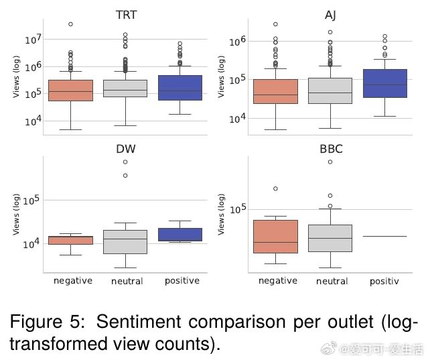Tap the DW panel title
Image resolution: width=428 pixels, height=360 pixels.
click(125, 149)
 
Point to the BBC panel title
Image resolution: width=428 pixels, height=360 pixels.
click(330, 149)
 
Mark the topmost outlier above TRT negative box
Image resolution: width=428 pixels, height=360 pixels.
click(70, 24)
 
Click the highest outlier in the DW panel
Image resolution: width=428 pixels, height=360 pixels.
click(126, 162)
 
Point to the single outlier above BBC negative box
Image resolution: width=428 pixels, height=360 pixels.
click(275, 188)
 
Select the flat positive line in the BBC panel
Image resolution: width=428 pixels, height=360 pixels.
click(384, 236)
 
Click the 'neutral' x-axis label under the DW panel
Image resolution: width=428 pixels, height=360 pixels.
click(127, 282)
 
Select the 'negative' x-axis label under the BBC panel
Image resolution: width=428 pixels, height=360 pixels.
click(277, 281)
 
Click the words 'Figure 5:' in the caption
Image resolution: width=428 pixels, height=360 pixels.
click(47, 322)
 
